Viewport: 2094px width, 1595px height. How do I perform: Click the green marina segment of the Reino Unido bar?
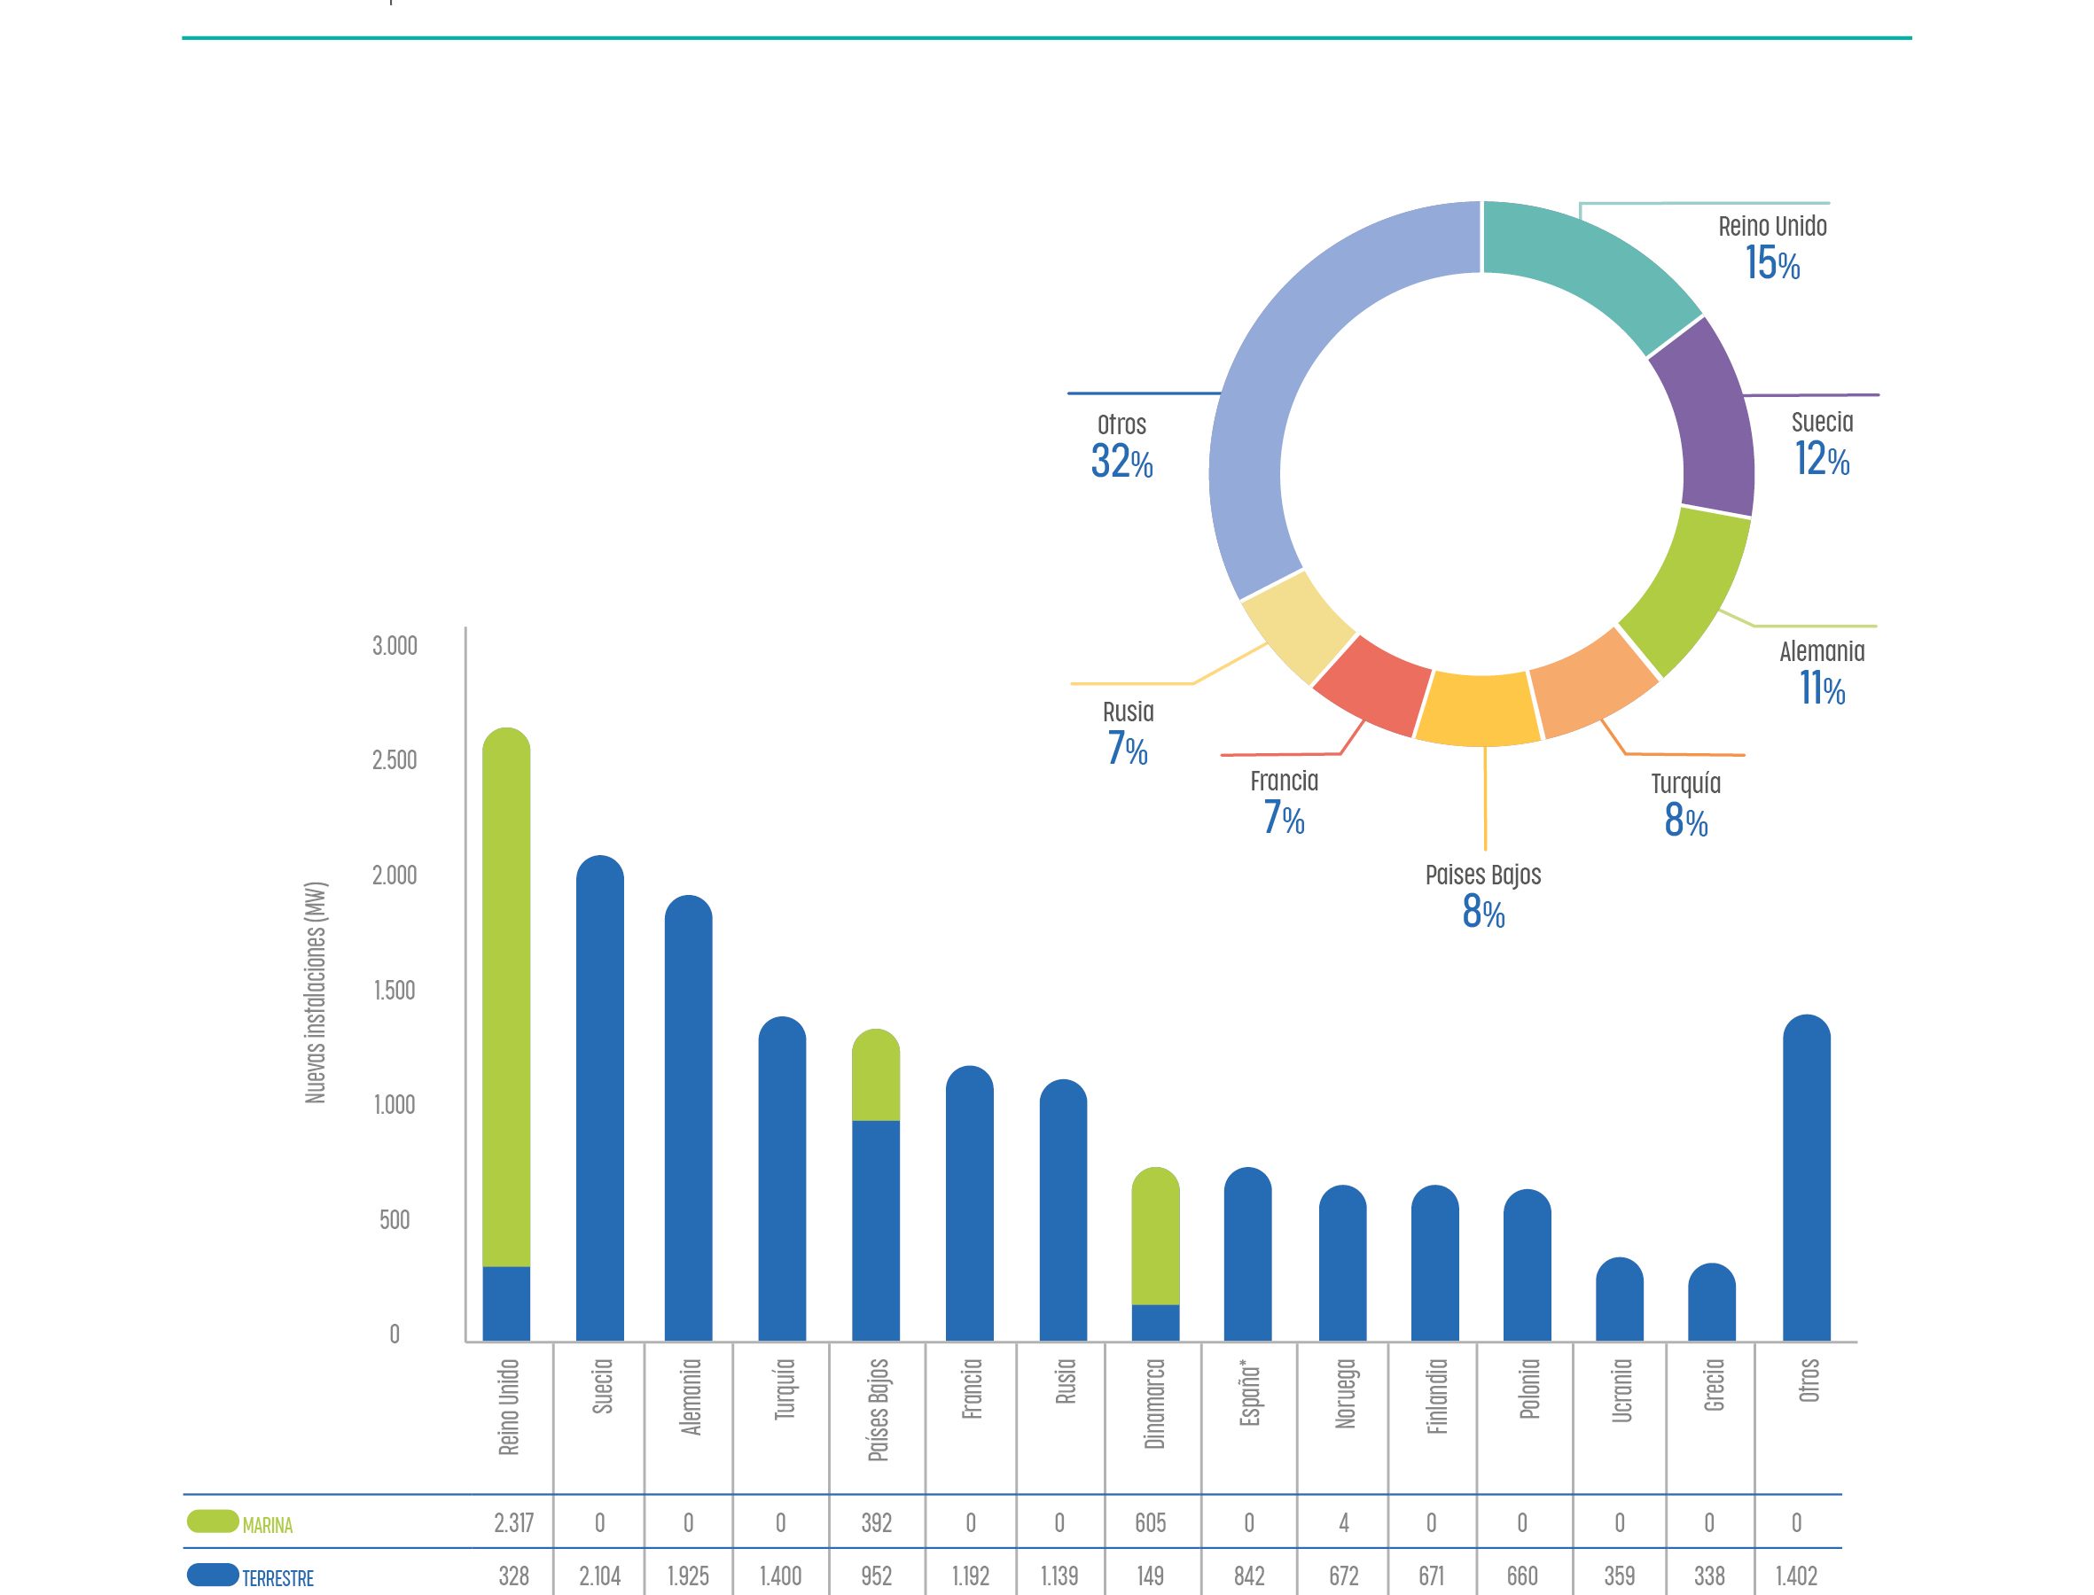tap(506, 997)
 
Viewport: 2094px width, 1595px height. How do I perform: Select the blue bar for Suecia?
tap(600, 1101)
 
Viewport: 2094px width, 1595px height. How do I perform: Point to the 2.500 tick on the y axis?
tap(395, 760)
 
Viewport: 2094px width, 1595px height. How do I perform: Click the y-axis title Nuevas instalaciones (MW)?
tap(316, 993)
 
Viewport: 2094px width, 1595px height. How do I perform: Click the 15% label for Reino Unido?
tap(1772, 263)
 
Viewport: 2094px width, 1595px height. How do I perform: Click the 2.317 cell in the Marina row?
tap(514, 1524)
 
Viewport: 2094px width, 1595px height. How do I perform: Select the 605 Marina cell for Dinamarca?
tap(1150, 1524)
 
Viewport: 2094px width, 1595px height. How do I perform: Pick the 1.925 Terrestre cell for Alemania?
tap(689, 1577)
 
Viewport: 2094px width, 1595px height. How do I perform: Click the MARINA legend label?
tap(268, 1526)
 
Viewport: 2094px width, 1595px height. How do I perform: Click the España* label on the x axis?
tap(1250, 1396)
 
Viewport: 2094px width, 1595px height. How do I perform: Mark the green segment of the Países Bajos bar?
tap(876, 1077)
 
